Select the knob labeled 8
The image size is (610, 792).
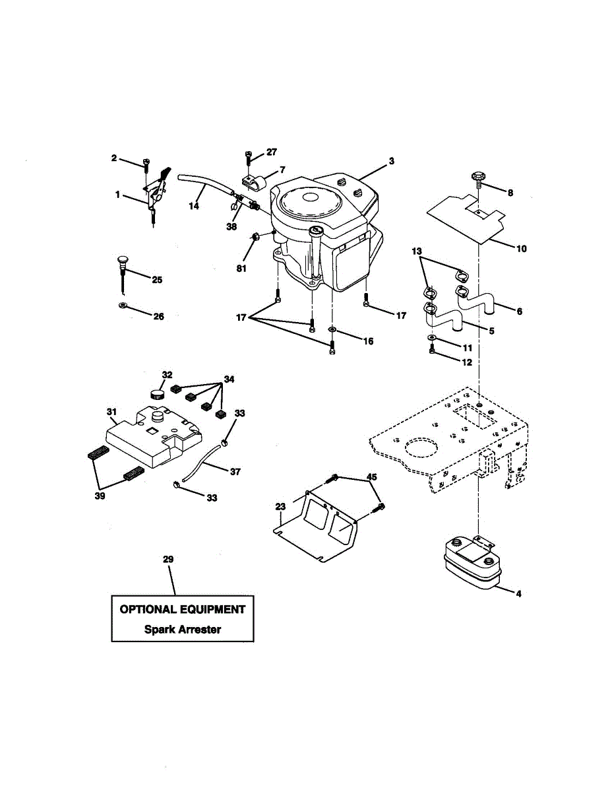pyautogui.click(x=478, y=178)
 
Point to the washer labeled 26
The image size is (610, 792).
pyautogui.click(x=123, y=306)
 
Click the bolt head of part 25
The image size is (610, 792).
pyautogui.click(x=122, y=260)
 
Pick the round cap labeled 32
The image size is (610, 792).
pyautogui.click(x=157, y=395)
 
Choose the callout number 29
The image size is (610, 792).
pyautogui.click(x=168, y=560)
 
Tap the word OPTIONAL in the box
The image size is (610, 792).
pyautogui.click(x=148, y=610)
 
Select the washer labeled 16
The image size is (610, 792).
pyautogui.click(x=332, y=329)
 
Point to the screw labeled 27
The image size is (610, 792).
pyautogui.click(x=248, y=156)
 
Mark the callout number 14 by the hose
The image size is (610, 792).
pyautogui.click(x=194, y=206)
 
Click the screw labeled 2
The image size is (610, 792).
pyautogui.click(x=145, y=162)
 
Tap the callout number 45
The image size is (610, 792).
pyautogui.click(x=372, y=478)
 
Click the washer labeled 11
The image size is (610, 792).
pyautogui.click(x=431, y=338)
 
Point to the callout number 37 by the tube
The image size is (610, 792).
pyautogui.click(x=235, y=472)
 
